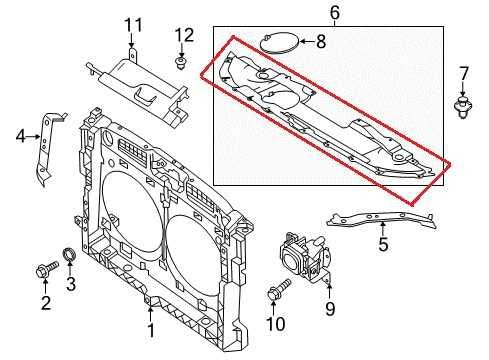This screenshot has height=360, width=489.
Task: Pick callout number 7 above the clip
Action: [x=464, y=72]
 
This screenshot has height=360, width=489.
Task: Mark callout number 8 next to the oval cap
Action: [x=320, y=42]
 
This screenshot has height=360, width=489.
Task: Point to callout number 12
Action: [x=182, y=35]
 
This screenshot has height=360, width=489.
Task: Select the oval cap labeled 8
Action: [x=277, y=41]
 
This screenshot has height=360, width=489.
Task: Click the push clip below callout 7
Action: [x=462, y=104]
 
